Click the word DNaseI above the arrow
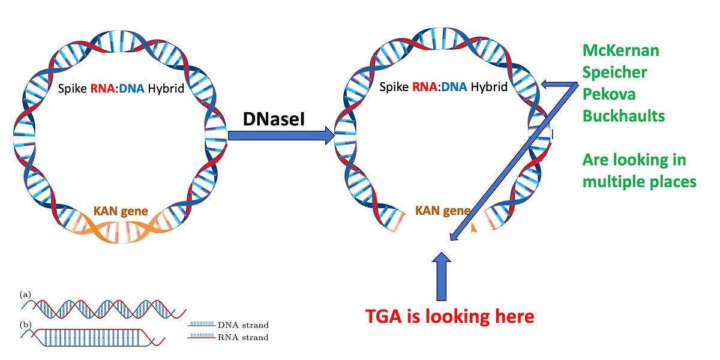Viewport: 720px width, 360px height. pyautogui.click(x=274, y=120)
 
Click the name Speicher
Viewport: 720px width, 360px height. pyautogui.click(x=615, y=73)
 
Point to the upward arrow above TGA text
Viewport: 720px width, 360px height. pyautogui.click(x=442, y=276)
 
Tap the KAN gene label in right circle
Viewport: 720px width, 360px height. pyautogui.click(x=443, y=211)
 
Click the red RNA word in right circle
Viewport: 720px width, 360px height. pyautogui.click(x=425, y=88)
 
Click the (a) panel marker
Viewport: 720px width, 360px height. pyautogui.click(x=25, y=294)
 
